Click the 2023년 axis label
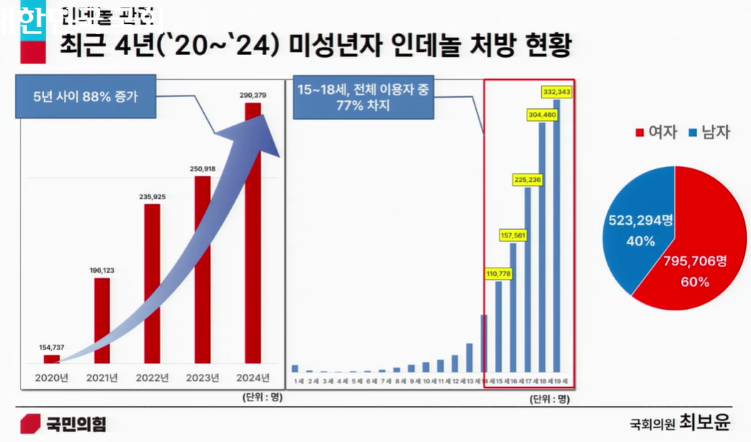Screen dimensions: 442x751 tap(202, 377)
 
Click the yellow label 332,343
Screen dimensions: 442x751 tap(557, 92)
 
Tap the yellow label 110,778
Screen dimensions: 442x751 tap(497, 274)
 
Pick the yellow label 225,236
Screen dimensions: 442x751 tap(528, 180)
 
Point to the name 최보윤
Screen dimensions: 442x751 tap(704, 422)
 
